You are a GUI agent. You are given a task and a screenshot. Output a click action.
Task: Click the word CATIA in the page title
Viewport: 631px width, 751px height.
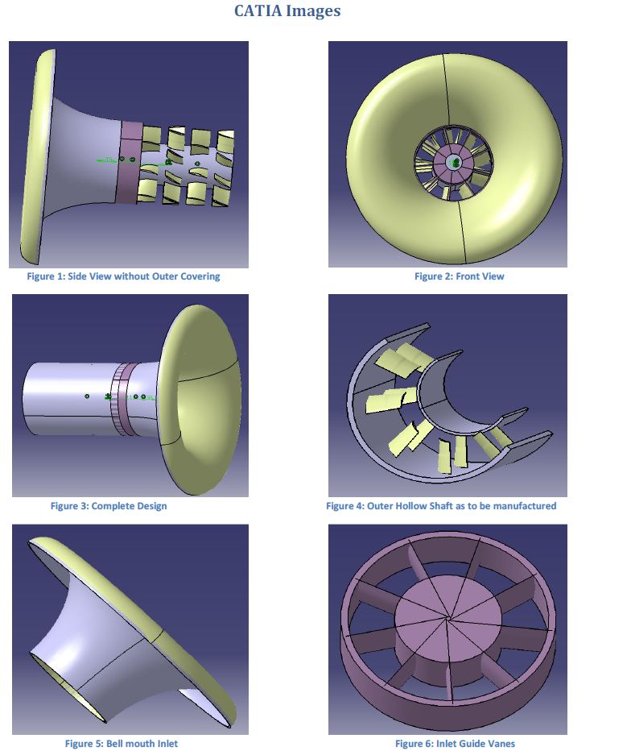point(258,10)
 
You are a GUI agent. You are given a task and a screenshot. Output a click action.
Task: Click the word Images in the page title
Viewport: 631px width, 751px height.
point(313,11)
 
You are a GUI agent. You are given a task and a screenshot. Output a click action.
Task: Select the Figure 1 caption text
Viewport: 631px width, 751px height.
point(123,276)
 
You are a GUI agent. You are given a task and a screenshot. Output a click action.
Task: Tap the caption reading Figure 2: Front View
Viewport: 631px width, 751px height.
point(460,276)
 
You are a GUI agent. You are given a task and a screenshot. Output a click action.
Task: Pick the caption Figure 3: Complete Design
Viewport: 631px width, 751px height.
point(109,506)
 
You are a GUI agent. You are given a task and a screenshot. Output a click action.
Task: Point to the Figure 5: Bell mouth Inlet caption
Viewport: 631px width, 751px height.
point(122,743)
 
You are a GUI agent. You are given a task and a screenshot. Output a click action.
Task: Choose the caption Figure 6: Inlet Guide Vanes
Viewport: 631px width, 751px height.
point(455,743)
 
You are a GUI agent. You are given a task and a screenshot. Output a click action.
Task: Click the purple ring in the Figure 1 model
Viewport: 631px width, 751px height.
point(130,162)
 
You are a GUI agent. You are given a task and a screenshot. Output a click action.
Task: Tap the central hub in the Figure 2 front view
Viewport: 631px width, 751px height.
point(452,162)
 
